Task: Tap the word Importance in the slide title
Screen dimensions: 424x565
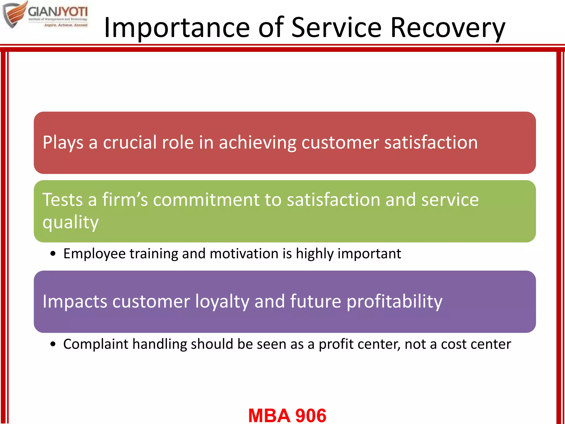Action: click(177, 28)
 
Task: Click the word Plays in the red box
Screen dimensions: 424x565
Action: click(63, 143)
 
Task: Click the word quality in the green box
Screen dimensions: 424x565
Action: click(70, 222)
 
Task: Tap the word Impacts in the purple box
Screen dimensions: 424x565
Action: click(75, 301)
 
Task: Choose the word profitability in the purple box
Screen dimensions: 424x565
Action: click(394, 301)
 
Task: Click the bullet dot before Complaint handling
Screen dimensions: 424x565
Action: click(53, 344)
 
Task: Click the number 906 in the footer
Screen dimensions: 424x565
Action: click(311, 415)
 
